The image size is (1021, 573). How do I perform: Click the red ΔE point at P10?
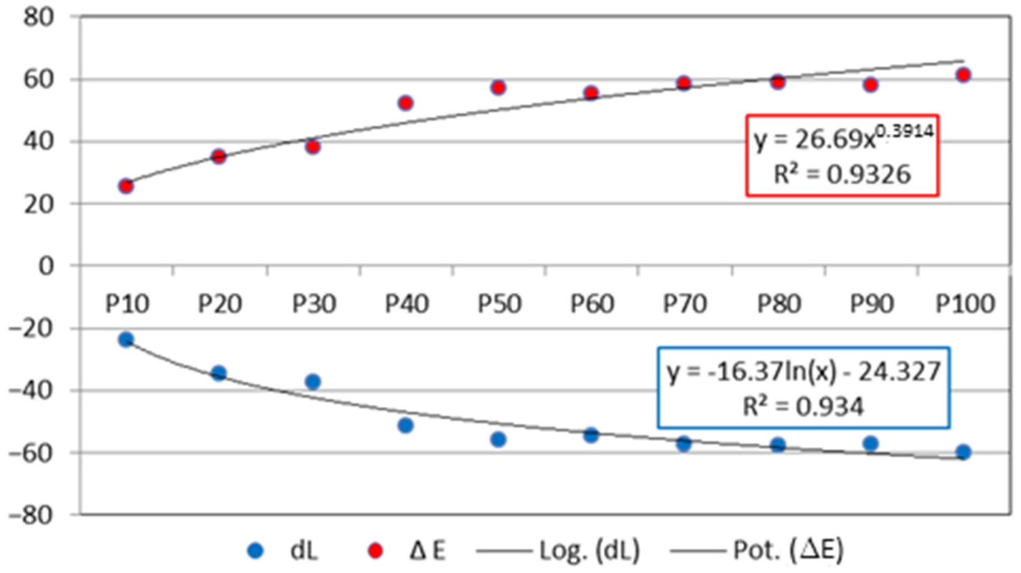pyautogui.click(x=126, y=186)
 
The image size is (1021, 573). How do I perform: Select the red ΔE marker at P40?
pyautogui.click(x=406, y=103)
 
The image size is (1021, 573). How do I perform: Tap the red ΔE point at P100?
pyautogui.click(x=963, y=75)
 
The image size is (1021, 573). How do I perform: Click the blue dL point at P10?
pyautogui.click(x=126, y=339)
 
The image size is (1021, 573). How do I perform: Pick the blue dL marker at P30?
pyautogui.click(x=313, y=382)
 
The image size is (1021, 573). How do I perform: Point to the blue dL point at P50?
pyautogui.click(x=499, y=439)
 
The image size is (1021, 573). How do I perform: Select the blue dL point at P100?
pyautogui.click(x=963, y=452)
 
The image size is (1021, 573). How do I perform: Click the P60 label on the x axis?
pyautogui.click(x=592, y=304)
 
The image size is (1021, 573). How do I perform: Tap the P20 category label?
pyautogui.click(x=220, y=304)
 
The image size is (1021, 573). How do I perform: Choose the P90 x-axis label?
pyautogui.click(x=872, y=304)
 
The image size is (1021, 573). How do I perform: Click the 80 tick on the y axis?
pyautogui.click(x=38, y=17)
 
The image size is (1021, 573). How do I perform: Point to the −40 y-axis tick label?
pyautogui.click(x=32, y=391)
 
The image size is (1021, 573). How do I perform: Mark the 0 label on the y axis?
pyautogui.click(x=46, y=266)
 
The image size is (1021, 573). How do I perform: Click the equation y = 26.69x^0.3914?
pyautogui.click(x=843, y=138)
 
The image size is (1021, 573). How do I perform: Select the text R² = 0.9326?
pyautogui.click(x=842, y=174)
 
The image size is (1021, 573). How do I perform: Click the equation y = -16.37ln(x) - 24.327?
pyautogui.click(x=803, y=372)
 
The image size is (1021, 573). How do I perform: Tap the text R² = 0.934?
pyautogui.click(x=803, y=406)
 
